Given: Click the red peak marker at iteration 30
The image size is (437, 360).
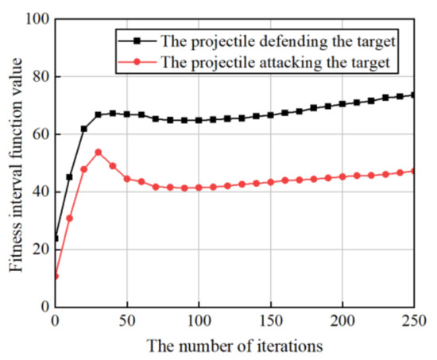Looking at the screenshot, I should click(98, 152).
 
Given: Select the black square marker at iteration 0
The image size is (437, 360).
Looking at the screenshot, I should click(55, 238).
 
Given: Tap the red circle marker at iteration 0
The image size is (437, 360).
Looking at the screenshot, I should click(55, 276).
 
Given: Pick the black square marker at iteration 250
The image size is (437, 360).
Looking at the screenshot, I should click(414, 95).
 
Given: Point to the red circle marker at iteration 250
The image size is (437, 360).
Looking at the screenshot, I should click(414, 171).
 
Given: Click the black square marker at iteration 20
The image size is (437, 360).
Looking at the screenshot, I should click(83, 129).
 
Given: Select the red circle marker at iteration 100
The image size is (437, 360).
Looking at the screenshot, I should click(199, 187).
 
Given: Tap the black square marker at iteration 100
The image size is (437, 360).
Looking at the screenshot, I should click(199, 120).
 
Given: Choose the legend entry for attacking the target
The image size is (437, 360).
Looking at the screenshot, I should click(288, 60).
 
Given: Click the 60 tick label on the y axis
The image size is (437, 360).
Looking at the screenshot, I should click(39, 134).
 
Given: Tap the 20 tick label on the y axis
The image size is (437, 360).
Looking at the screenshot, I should click(39, 250).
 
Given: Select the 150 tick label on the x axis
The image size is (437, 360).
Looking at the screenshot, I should click(270, 322).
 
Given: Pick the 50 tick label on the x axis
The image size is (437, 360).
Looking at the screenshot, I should click(126, 322).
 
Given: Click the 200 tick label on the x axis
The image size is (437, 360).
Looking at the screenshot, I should click(342, 322).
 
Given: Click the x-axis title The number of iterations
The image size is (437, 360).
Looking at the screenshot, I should click(235, 346).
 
